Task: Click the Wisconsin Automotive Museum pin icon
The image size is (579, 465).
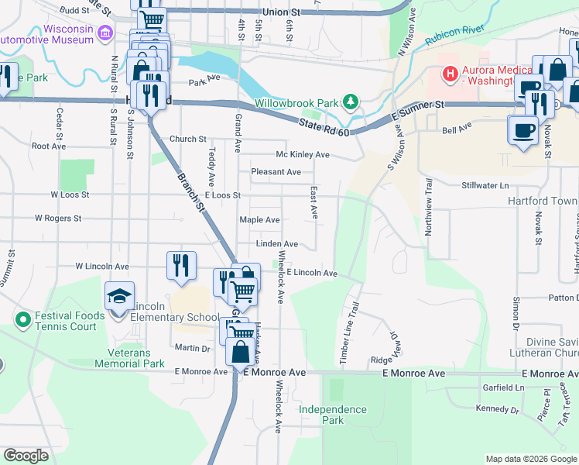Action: pyautogui.click(x=107, y=33)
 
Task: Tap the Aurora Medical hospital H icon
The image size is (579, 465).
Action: pyautogui.click(x=449, y=74)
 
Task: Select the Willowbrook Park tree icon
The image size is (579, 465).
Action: pyautogui.click(x=351, y=102)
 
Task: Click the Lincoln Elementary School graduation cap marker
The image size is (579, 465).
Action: pyautogui.click(x=120, y=296)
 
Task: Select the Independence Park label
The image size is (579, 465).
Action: pyautogui.click(x=332, y=415)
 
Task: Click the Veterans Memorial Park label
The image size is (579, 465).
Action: pyautogui.click(x=130, y=357)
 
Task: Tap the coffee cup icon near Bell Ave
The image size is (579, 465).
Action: pyautogui.click(x=523, y=129)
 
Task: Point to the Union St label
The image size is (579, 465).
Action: pyautogui.click(x=281, y=12)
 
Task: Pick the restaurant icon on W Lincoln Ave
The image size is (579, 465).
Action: pyautogui.click(x=181, y=266)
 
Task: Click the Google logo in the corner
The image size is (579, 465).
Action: pyautogui.click(x=26, y=456)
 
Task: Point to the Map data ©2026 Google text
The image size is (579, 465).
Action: pyautogui.click(x=531, y=459)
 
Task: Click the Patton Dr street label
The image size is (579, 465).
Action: pyautogui.click(x=564, y=298)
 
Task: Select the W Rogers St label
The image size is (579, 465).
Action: pyautogui.click(x=58, y=219)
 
